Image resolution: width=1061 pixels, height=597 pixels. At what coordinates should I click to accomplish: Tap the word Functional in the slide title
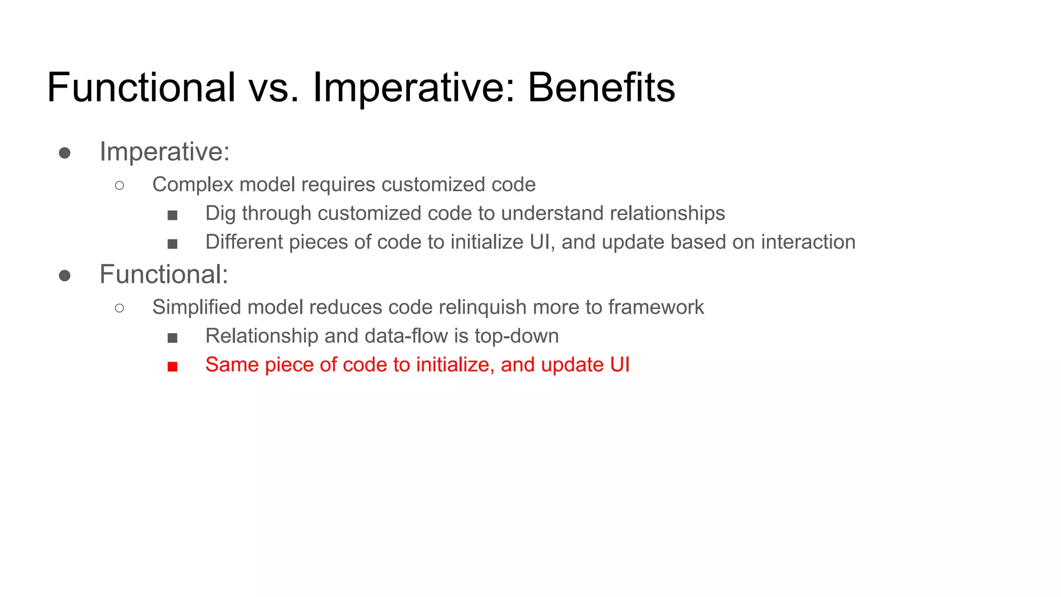(x=141, y=87)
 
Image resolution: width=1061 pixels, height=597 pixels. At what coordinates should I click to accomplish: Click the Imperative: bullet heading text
(x=164, y=152)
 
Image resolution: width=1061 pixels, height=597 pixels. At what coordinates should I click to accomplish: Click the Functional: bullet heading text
(x=164, y=274)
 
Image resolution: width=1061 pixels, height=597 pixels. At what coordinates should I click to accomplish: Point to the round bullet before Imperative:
(x=65, y=153)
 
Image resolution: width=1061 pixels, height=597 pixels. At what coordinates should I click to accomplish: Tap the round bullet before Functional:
(x=65, y=275)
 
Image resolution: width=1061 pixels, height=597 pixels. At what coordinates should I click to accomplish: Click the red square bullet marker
(x=173, y=367)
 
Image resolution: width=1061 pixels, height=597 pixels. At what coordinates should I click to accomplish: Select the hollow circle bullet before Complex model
(x=120, y=185)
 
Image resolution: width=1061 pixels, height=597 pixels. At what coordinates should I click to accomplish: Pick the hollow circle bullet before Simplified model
(x=120, y=308)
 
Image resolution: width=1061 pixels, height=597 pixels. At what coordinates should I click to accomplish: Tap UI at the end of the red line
(x=620, y=365)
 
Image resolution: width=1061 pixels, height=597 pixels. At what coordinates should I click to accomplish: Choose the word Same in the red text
(x=232, y=365)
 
